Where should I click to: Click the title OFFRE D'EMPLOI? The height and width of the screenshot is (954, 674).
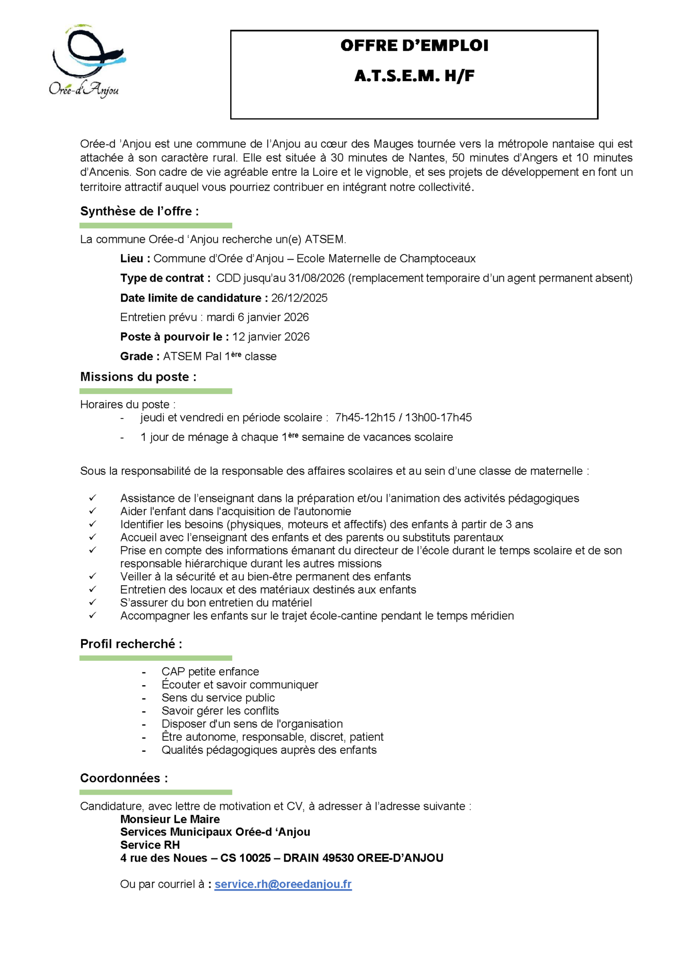pyautogui.click(x=414, y=45)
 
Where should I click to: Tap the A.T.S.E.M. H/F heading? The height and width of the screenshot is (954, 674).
pyautogui.click(x=414, y=76)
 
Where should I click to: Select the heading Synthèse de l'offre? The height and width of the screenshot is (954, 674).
pyautogui.click(x=139, y=211)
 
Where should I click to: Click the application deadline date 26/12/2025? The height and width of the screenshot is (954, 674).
pyautogui.click(x=299, y=298)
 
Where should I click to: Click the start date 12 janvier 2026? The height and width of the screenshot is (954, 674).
pyautogui.click(x=271, y=337)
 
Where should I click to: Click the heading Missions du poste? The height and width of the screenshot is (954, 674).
pyautogui.click(x=138, y=377)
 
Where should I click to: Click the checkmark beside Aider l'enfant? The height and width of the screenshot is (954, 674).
pyautogui.click(x=92, y=510)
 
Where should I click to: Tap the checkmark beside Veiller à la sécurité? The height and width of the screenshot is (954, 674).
pyautogui.click(x=92, y=576)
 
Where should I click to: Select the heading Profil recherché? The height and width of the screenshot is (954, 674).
pyautogui.click(x=131, y=644)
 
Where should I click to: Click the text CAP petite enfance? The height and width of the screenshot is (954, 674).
pyautogui.click(x=210, y=671)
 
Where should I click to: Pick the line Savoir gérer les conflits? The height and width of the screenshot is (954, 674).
pyautogui.click(x=220, y=711)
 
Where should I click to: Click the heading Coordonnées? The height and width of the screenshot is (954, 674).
pyautogui.click(x=124, y=778)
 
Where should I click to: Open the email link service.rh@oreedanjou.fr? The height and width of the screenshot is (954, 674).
pyautogui.click(x=283, y=884)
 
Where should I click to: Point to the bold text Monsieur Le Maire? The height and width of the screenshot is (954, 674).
pyautogui.click(x=170, y=819)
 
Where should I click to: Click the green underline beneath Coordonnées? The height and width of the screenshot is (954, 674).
pyautogui.click(x=156, y=792)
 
